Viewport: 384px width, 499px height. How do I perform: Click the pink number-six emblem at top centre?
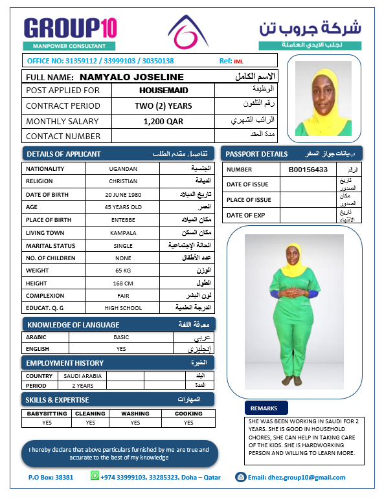[x=189, y=33]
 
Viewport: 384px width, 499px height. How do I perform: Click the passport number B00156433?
[x=308, y=170]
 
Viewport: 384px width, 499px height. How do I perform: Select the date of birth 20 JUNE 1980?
[x=122, y=194]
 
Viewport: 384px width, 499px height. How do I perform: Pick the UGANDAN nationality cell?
[x=122, y=168]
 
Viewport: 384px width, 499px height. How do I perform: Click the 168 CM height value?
[x=122, y=283]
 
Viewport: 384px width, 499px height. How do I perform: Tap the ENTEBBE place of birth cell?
[x=122, y=219]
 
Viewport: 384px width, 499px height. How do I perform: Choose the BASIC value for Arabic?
[x=121, y=337]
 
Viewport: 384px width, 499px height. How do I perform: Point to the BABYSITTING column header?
[x=46, y=414]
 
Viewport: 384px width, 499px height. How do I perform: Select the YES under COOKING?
[x=188, y=423]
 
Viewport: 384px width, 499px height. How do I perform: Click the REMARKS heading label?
[x=264, y=408]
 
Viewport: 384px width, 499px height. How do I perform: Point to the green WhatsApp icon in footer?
[x=96, y=476]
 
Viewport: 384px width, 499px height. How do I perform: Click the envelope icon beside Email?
[x=240, y=477]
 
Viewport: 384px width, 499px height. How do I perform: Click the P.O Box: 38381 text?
[x=51, y=478]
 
